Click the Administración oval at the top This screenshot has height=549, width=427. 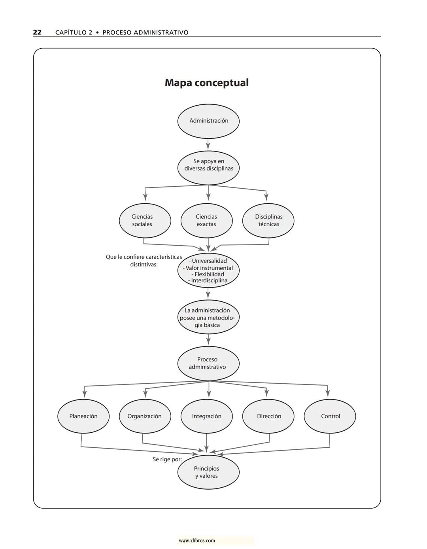click(208, 121)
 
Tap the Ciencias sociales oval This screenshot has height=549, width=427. click(145, 220)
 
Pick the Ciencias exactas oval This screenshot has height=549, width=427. click(206, 220)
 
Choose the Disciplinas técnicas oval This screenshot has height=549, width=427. click(268, 220)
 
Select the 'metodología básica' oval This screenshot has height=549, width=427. click(208, 318)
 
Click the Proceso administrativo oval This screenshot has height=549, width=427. click(208, 363)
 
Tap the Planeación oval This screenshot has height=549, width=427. click(83, 416)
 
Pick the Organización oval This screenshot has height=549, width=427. click(145, 416)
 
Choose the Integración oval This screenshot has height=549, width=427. click(206, 416)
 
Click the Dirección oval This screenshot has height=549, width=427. click(268, 416)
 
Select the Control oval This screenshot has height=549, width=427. click(330, 416)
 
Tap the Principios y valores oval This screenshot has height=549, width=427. click(208, 472)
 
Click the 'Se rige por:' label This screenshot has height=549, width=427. click(167, 460)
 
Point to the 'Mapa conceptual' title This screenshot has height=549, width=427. click(206, 83)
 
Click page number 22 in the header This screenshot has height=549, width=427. click(37, 32)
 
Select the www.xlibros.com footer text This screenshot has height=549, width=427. click(197, 541)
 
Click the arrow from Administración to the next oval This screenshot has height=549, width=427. click(208, 144)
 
